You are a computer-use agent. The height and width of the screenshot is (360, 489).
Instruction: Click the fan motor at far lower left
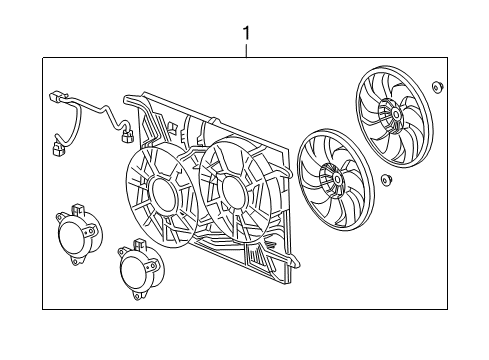(x=75, y=237)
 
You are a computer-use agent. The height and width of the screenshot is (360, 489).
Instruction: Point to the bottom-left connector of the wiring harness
(x=58, y=152)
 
